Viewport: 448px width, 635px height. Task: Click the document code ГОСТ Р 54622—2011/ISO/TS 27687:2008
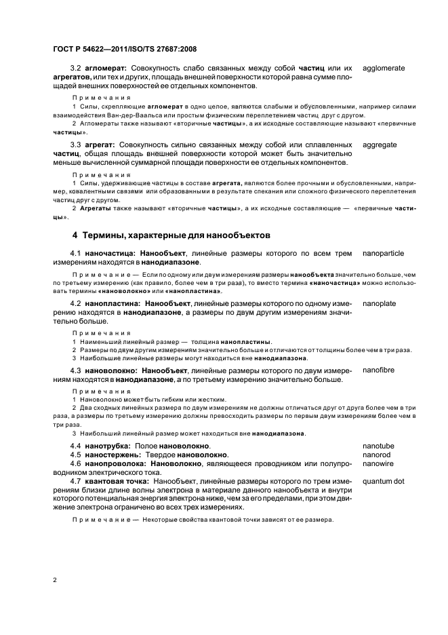[124, 49]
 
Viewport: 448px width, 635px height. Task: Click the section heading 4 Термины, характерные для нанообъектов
[171, 235]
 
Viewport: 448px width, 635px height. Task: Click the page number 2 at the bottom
[54, 580]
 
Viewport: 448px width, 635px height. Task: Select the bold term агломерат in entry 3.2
[106, 69]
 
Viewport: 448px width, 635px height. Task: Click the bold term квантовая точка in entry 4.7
[119, 481]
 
